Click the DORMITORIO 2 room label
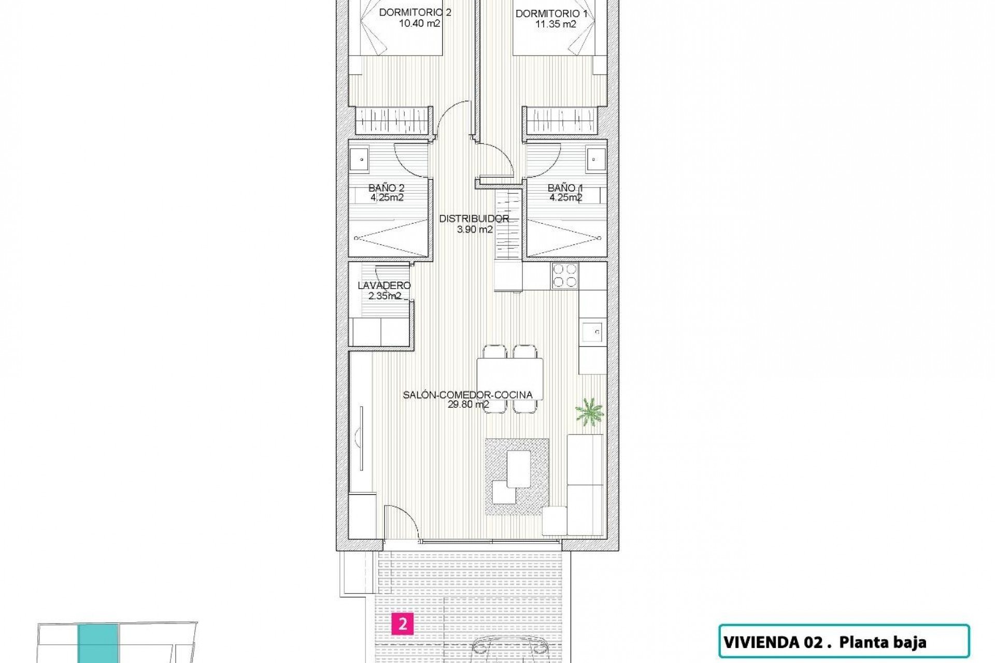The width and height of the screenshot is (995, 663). pyautogui.click(x=415, y=12)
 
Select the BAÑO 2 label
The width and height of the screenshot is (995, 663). pyautogui.click(x=386, y=188)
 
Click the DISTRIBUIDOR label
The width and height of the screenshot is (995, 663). pyautogui.click(x=474, y=219)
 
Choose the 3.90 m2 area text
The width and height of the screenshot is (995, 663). pyautogui.click(x=474, y=229)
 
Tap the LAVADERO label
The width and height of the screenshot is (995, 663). pyautogui.click(x=384, y=285)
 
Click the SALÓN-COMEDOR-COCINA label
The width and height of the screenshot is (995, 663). pyautogui.click(x=467, y=395)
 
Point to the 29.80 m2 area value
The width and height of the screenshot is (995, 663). pyautogui.click(x=468, y=405)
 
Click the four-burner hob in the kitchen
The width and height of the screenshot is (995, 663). pyautogui.click(x=565, y=275)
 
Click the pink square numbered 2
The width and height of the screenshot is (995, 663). pyautogui.click(x=402, y=624)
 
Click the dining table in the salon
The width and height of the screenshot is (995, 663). pyautogui.click(x=510, y=379)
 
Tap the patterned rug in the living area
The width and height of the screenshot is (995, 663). pyautogui.click(x=517, y=477)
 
